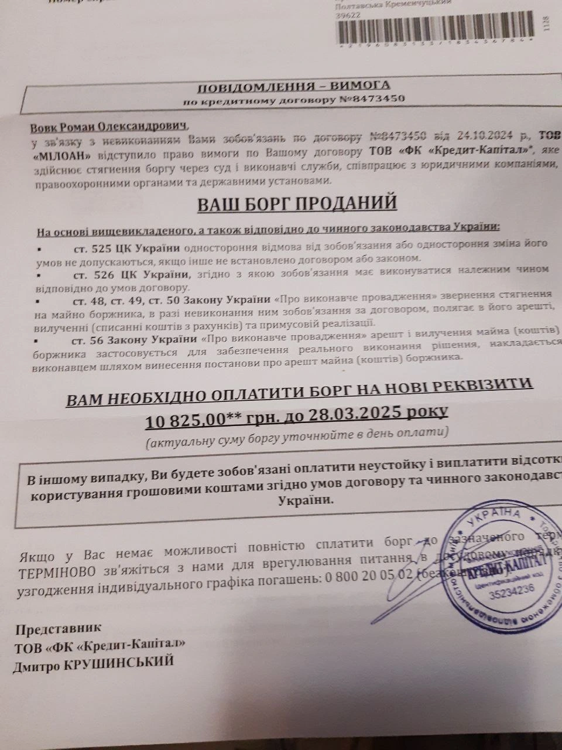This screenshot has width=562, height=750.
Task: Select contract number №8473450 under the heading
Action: pos(372,99)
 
